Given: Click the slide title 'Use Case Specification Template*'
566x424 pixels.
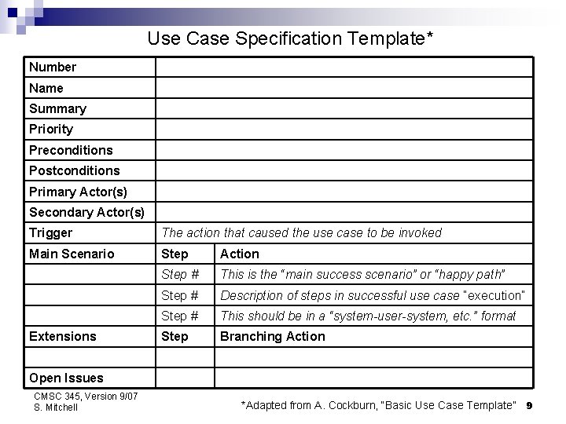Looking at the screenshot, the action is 291,38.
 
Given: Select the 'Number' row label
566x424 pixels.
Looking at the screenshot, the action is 53,68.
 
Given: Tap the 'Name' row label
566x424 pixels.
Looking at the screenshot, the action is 46,88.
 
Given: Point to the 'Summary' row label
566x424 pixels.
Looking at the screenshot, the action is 57,108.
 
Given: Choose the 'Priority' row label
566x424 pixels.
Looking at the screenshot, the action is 51,129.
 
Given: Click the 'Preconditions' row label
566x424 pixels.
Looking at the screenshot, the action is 71,150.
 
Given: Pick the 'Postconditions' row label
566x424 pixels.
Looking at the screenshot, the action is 75,170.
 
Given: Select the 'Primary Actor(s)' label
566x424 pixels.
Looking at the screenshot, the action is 78,192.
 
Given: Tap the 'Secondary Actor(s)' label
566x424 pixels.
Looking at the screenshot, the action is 86,212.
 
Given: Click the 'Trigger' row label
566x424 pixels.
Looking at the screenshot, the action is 50,232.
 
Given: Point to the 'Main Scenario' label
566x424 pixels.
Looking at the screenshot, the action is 72,254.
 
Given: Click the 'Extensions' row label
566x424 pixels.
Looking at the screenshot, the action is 63,336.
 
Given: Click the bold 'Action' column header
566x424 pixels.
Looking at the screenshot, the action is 239,254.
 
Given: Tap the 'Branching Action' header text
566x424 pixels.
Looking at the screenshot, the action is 272,336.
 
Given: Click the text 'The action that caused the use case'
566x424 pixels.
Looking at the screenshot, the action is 301,232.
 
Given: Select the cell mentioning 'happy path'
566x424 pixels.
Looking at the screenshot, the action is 362,274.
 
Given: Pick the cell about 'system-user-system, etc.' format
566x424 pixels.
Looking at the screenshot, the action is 368,316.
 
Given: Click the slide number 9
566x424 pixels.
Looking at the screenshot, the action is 530,405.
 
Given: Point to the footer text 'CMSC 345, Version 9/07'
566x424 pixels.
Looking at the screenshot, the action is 86,397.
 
